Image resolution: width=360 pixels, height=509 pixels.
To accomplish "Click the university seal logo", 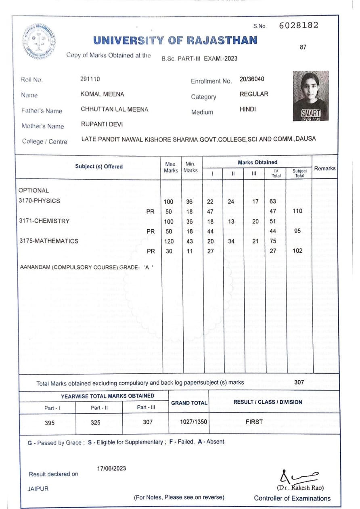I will pos(39,42).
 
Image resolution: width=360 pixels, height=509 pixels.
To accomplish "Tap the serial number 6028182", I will pos(298,25).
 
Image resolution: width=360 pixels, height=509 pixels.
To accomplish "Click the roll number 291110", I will pos(90,79).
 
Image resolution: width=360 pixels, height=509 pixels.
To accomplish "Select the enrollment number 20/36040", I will pos(252,79).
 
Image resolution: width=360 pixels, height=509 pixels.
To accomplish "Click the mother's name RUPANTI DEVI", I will pos(102,124).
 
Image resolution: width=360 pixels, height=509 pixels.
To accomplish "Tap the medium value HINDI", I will pos(248,109).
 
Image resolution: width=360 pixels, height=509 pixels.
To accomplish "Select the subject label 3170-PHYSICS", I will pos(39,201).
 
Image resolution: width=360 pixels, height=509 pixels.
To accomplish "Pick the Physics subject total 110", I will pos(298,211).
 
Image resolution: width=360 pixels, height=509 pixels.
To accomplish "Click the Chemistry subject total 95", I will pos(298,231).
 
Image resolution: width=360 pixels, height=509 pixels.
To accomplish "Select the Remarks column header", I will pos(324,168).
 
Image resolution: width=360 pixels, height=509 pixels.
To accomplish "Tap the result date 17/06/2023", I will pos(111,468).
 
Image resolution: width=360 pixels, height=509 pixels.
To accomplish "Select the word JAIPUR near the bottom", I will pos(38,489).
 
